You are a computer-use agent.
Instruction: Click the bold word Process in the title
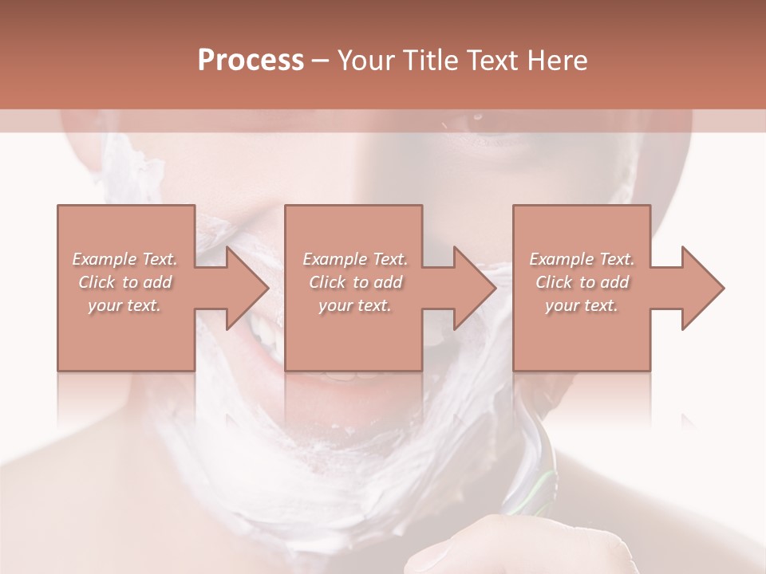(x=251, y=61)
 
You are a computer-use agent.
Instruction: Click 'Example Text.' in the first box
(x=125, y=259)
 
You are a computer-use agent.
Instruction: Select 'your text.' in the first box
(x=125, y=305)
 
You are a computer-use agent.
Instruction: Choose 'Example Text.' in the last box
(x=582, y=259)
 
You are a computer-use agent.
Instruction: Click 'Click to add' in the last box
(x=582, y=282)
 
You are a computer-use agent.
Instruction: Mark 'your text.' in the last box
(x=582, y=305)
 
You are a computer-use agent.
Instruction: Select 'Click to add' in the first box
(x=125, y=282)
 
